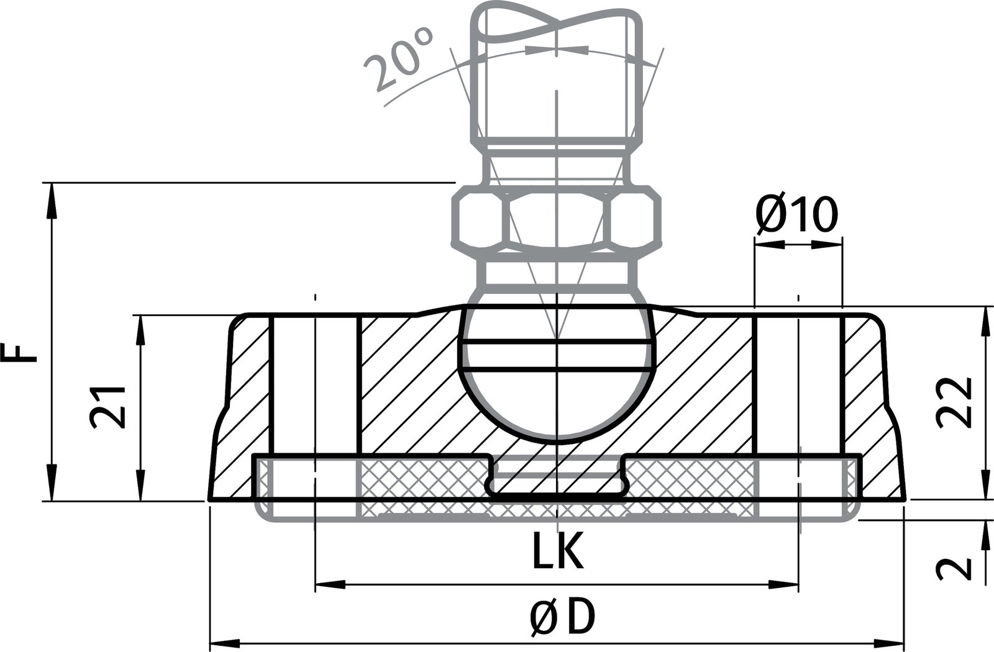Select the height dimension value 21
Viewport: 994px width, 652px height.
[108, 407]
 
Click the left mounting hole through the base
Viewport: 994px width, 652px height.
[315, 385]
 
